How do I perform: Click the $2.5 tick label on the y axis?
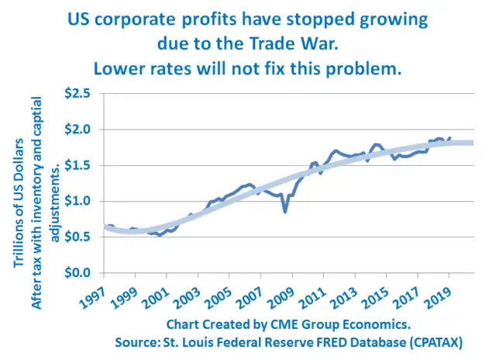(77, 94)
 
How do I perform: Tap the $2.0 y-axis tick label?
(77, 130)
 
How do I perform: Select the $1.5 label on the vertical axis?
(77, 165)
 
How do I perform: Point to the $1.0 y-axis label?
(77, 201)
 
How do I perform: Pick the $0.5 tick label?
(77, 237)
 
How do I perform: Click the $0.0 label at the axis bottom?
(77, 272)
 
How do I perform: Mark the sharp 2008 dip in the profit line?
(285, 212)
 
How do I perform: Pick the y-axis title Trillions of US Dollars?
(19, 203)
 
